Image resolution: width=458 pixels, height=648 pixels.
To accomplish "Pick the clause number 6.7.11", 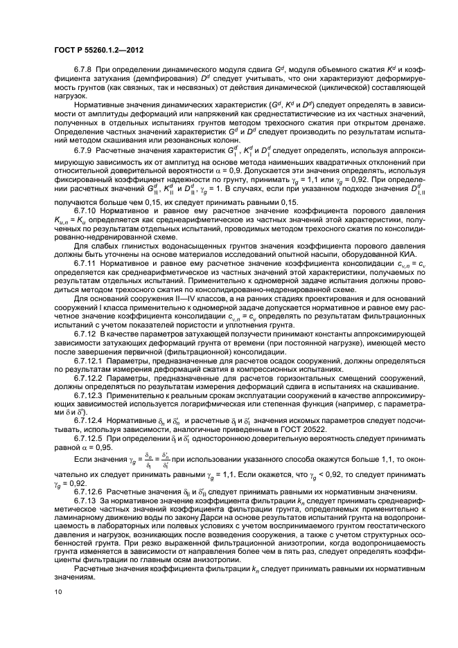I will point(87,282).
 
